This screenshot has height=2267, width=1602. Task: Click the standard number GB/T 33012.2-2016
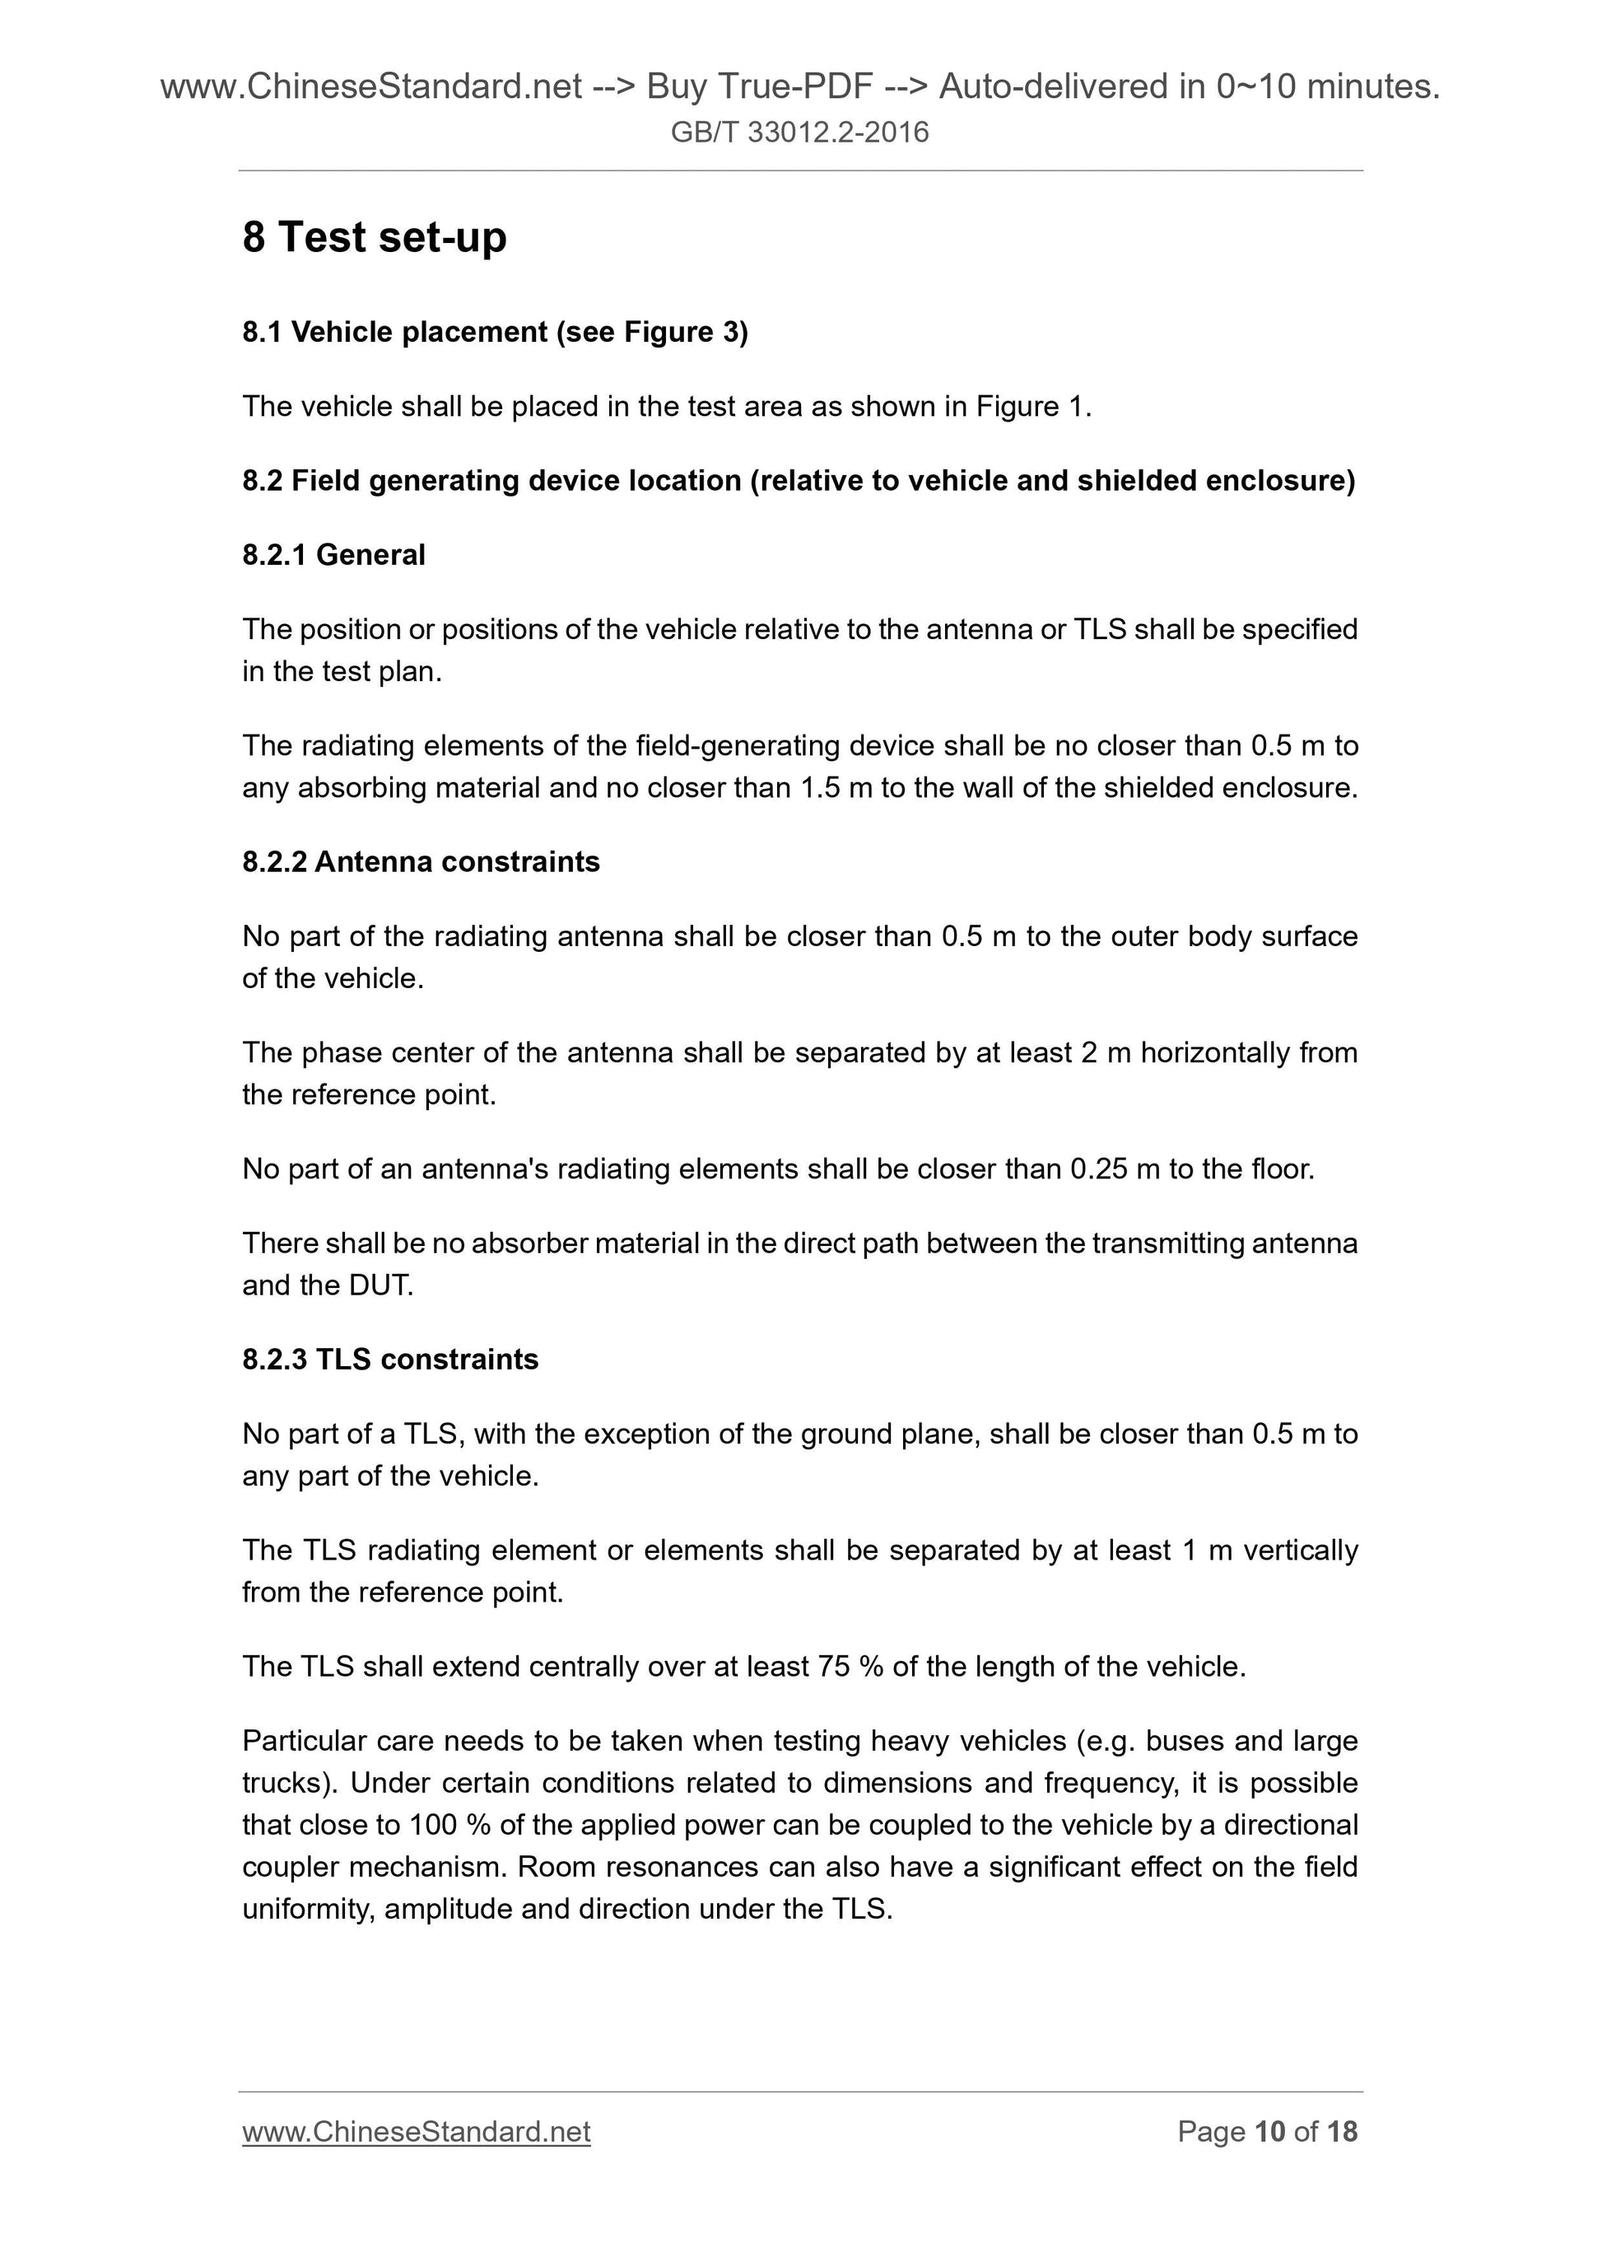pyautogui.click(x=799, y=133)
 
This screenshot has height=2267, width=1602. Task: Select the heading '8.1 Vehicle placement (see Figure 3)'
pyautogui.click(x=495, y=332)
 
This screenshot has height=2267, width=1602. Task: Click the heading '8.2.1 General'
pyautogui.click(x=333, y=555)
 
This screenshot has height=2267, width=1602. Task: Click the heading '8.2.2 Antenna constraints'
pyautogui.click(x=421, y=862)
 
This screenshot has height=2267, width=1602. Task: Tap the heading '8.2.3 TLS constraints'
pyautogui.click(x=390, y=1360)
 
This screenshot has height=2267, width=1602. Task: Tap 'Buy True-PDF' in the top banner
pyautogui.click(x=759, y=88)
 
